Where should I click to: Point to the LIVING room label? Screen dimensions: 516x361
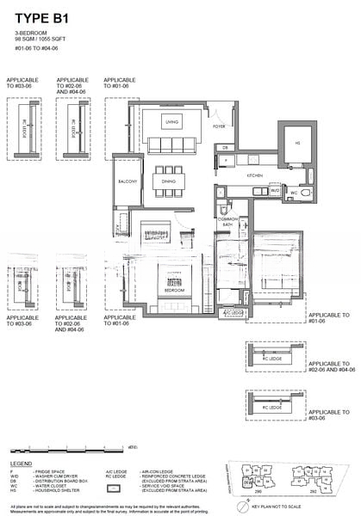tap(171, 122)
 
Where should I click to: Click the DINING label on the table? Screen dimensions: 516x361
tap(170, 181)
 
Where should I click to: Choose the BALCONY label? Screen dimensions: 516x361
tap(128, 181)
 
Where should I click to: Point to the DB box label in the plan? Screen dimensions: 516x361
tap(224, 148)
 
